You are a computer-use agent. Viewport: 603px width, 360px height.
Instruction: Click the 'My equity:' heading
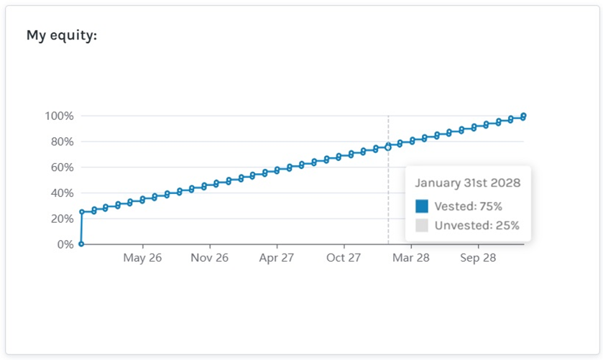point(61,34)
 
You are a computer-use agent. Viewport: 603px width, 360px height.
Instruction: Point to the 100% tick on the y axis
point(59,116)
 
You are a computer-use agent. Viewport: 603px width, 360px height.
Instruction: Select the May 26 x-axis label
point(142,258)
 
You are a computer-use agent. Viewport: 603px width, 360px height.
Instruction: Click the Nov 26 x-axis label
point(209,258)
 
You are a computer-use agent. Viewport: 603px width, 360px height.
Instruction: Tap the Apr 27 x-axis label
point(276,258)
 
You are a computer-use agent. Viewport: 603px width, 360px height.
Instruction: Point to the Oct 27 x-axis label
point(344,258)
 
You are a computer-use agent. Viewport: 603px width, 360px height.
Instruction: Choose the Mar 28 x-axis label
point(410,258)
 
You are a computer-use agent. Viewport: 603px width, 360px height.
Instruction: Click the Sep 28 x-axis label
point(478,258)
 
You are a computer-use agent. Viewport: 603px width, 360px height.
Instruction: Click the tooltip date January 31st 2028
point(468,183)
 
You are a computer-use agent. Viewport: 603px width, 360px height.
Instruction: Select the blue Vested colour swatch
point(422,206)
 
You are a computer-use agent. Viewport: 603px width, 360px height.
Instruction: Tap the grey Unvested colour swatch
point(422,226)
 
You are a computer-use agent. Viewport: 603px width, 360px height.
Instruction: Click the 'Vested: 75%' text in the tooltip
point(469,206)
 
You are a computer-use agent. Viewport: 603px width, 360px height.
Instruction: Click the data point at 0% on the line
point(81,244)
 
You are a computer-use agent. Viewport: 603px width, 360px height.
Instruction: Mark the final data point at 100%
point(524,116)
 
